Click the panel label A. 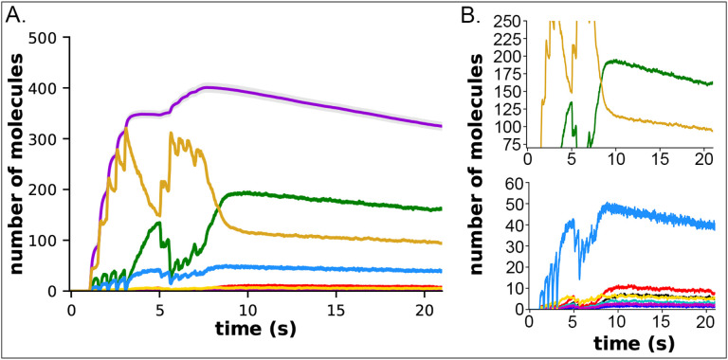point(18,16)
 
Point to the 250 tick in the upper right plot point(500,21)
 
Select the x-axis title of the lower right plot point(618,340)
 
